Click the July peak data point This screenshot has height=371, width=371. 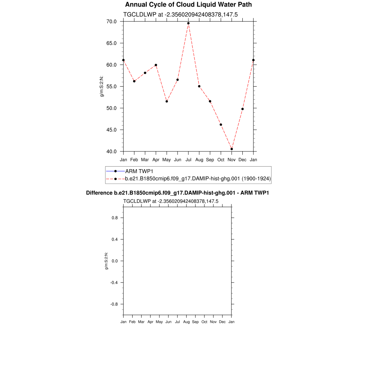188,23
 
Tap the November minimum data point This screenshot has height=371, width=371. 232,149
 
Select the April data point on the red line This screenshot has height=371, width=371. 156,65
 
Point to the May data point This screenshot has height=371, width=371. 167,101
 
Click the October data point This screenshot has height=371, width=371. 221,125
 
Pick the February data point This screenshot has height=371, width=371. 134,81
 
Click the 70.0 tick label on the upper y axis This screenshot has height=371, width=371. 112,21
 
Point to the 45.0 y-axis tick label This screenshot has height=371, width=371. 112,130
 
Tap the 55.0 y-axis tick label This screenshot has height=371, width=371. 112,87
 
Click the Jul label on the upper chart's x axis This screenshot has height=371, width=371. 188,159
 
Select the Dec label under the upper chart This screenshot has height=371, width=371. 242,159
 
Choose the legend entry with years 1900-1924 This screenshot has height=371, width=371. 198,179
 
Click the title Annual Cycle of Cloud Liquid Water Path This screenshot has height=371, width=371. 188,5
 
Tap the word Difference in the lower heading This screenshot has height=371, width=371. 97,193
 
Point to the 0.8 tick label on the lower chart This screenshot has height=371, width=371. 115,218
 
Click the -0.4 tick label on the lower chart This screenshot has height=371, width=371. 114,283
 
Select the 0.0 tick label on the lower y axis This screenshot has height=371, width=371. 115,261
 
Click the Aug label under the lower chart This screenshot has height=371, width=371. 187,322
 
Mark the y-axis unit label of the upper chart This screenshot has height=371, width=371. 102,86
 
